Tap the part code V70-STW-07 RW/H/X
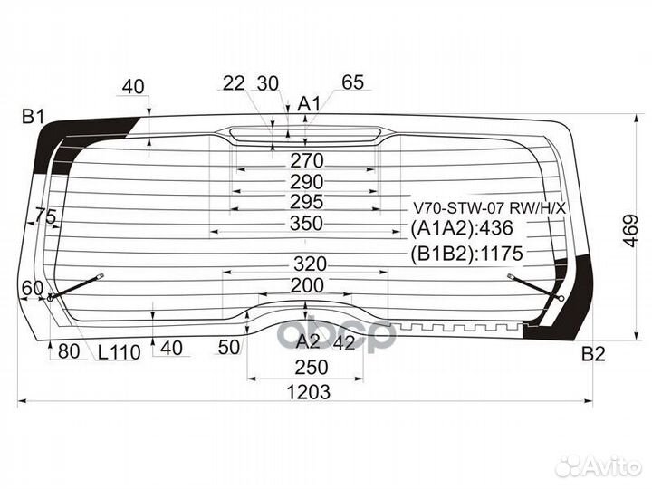pos(489,207)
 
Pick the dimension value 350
pos(306,224)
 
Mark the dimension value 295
pos(306,202)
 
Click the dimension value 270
pos(306,161)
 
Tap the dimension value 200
pos(306,285)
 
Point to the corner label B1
pos(34,116)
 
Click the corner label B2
pos(592,353)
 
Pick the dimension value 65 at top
pos(352,83)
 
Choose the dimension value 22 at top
pos(234,83)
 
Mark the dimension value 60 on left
pos(32,288)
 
